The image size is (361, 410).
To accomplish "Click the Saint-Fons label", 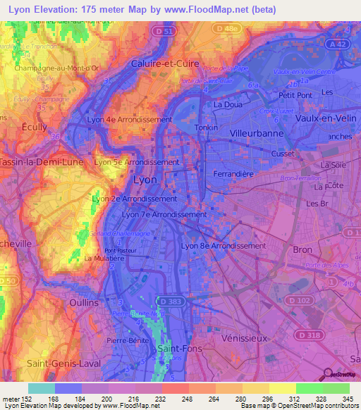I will pyautogui.click(x=176, y=348).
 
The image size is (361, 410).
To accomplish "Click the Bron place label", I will pyautogui.click(x=301, y=250).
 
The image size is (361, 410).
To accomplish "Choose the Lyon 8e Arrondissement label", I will pyautogui.click(x=224, y=246).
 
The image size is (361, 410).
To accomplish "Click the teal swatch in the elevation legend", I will pyautogui.click(x=42, y=388).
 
